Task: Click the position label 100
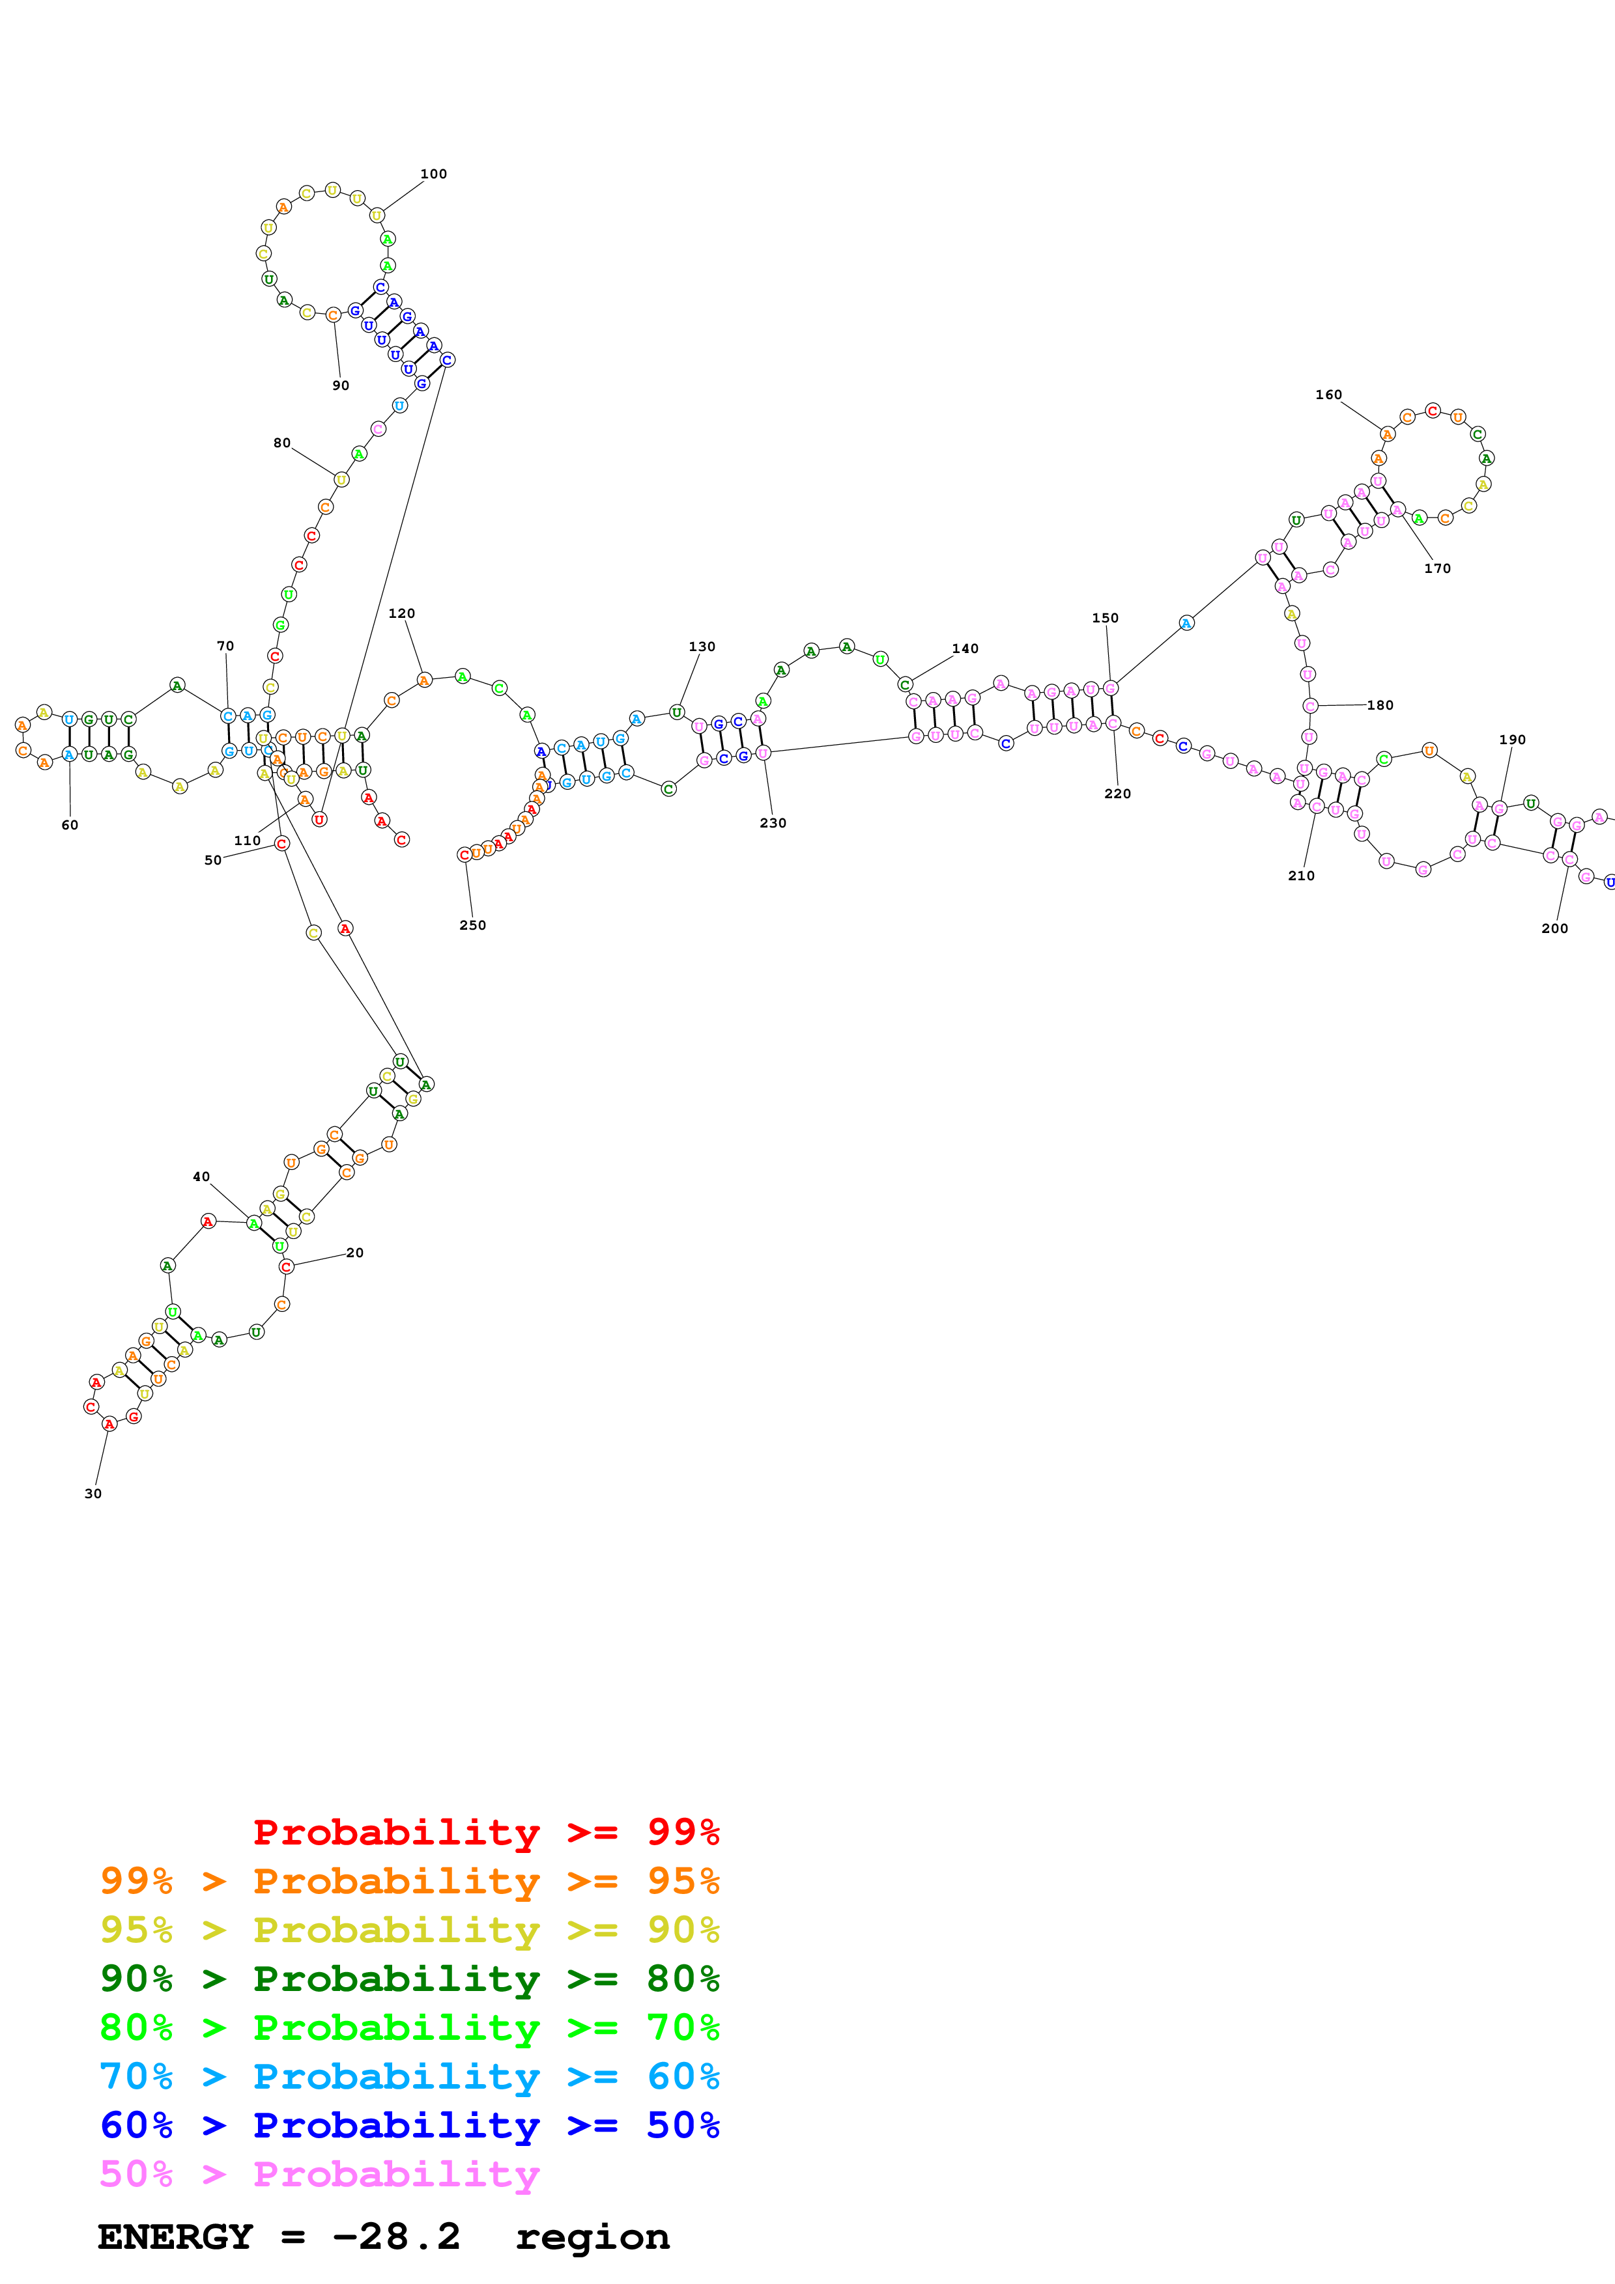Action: coord(433,174)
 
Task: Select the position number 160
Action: coord(1328,395)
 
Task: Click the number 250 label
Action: coord(473,925)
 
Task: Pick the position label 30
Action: coord(93,1493)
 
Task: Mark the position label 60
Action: coord(70,825)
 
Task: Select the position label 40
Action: coord(201,1177)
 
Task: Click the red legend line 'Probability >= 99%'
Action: coord(485,1831)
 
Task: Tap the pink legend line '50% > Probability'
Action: coord(319,2175)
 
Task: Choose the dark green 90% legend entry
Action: coord(409,1979)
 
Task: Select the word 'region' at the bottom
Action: coord(592,2237)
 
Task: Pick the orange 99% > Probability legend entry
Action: coord(409,1881)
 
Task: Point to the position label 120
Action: coord(401,614)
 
